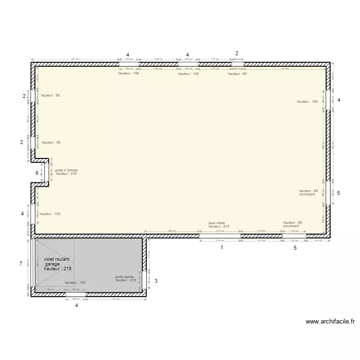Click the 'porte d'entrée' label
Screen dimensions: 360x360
(66, 170)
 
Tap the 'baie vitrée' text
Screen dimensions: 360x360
(216, 223)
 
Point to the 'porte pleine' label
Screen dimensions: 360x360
(124, 277)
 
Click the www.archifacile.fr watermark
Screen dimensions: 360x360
(330, 322)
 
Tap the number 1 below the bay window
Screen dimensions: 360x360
(222, 248)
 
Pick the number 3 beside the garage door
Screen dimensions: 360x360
(156, 281)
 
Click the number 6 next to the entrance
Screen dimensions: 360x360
(36, 173)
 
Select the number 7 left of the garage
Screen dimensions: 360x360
(21, 264)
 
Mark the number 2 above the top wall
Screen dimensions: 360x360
(237, 53)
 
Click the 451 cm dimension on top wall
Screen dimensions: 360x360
(75, 60)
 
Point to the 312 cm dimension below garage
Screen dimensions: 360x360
(115, 300)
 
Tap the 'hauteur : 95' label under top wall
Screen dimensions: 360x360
(237, 74)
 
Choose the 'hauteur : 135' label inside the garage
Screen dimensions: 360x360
(75, 283)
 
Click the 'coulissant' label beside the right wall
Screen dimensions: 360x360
(307, 194)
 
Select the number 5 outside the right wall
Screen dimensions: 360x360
(338, 193)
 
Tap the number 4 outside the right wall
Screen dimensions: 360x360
(338, 100)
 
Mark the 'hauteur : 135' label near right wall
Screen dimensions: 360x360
(307, 102)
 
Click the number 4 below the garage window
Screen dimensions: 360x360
(76, 305)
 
